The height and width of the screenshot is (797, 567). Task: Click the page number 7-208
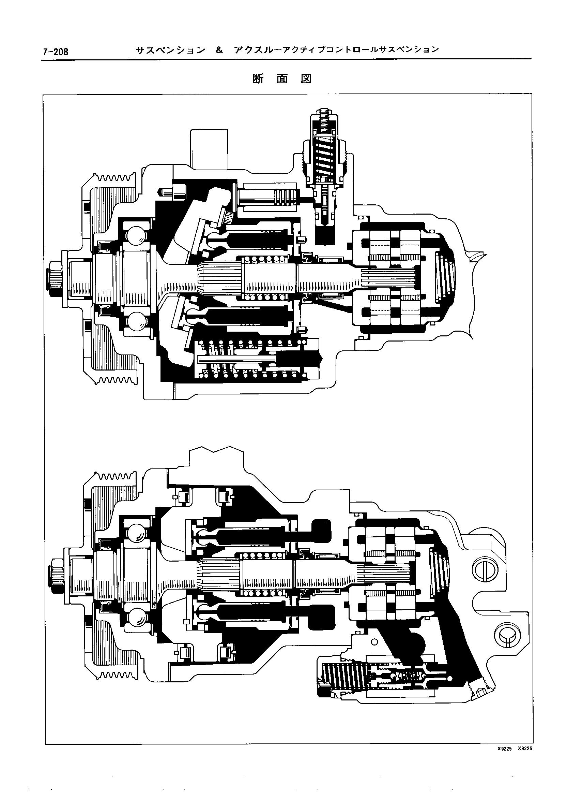pyautogui.click(x=56, y=52)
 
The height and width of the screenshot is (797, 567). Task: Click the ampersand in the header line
pyautogui.click(x=219, y=50)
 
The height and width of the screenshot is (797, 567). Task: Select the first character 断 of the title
pyautogui.click(x=258, y=79)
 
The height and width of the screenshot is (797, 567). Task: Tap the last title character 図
pyautogui.click(x=306, y=79)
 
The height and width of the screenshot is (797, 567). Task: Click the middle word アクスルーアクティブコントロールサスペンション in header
pyautogui.click(x=337, y=50)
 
